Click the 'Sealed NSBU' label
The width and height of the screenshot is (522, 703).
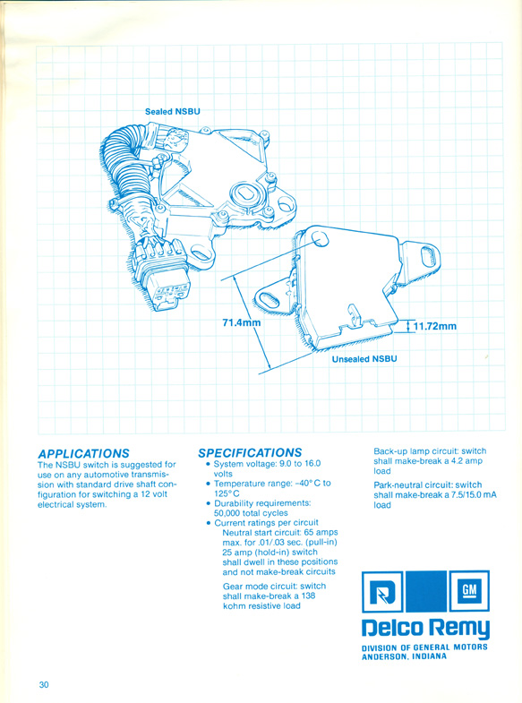coord(173,112)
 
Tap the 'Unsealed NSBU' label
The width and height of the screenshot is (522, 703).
coord(364,359)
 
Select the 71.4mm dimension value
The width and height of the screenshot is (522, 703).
coord(242,321)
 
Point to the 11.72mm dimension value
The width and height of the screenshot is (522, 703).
coord(434,326)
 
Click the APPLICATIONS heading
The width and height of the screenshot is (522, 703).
coord(83,453)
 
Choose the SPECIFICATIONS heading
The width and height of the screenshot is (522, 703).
coord(250,453)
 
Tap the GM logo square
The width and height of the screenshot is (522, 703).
coord(469,590)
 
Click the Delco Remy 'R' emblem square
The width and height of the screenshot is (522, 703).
coord(382,591)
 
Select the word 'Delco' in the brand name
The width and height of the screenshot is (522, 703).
coord(392,628)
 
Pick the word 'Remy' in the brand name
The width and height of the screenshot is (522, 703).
coord(458,629)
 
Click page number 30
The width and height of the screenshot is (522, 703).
coord(44,684)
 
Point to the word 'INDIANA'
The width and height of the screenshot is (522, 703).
coord(429,656)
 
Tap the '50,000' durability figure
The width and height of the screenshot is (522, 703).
coord(227,513)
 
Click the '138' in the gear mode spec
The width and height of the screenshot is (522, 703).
coord(308,596)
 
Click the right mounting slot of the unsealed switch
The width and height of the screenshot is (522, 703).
coord(427,257)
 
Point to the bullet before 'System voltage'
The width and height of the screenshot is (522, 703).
coord(208,465)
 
